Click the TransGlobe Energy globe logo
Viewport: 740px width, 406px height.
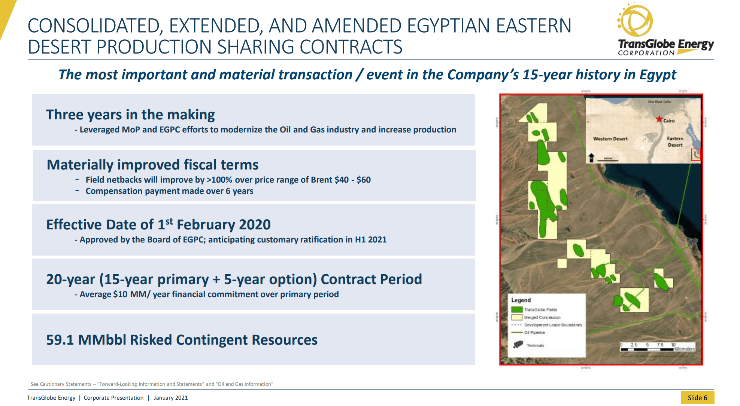[x=636, y=20]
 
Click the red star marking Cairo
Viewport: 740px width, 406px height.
[x=659, y=119]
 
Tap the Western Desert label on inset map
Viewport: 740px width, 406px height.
[x=610, y=139]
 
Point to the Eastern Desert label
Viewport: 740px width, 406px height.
[x=675, y=141]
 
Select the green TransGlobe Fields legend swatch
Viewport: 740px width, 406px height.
[x=517, y=309]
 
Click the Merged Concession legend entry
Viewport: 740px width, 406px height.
[x=542, y=317]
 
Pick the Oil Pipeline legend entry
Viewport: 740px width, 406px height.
[x=534, y=332]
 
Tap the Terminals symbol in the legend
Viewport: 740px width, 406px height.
[x=518, y=344]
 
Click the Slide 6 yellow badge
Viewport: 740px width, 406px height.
[x=697, y=397]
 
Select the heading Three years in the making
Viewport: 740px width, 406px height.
[x=130, y=115]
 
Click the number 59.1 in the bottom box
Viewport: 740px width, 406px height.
[x=60, y=340]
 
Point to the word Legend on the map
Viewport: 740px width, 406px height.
[x=521, y=300]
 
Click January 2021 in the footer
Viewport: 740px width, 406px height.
[x=171, y=398]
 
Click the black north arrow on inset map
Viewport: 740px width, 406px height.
[x=591, y=157]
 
